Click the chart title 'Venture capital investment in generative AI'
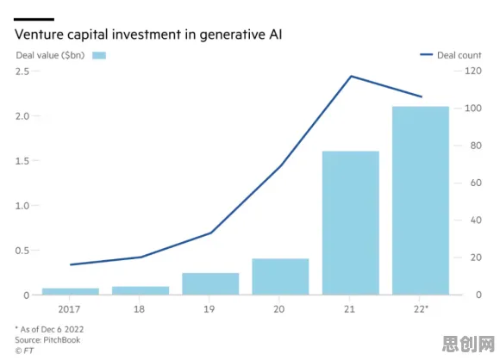148,34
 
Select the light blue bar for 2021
351,223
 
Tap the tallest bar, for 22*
421,201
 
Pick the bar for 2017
71,291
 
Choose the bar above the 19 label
210,284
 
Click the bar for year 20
280,276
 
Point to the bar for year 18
141,290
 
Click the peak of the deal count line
351,76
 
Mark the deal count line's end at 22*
422,96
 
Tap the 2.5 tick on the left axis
22,71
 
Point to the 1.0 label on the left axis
22,206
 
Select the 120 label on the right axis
473,71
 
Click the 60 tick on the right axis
476,183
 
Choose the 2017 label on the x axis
69,309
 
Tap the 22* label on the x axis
421,309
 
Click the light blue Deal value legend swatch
99,55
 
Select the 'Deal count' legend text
459,55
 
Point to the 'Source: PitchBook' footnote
47,340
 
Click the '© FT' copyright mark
24,351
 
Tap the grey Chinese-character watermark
468,344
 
